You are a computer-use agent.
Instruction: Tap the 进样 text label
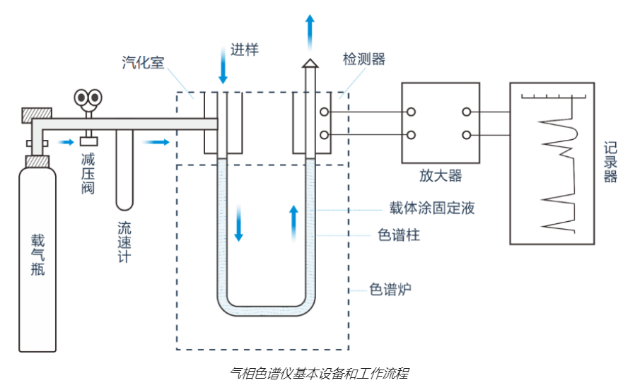245,50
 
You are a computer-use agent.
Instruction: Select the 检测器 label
364,59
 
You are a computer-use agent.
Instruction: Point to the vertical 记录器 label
610,162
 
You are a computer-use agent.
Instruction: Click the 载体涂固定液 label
431,208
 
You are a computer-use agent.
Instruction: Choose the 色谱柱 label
400,235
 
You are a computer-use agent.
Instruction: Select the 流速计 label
124,243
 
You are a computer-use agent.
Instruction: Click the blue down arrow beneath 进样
223,69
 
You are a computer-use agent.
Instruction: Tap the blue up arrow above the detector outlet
310,30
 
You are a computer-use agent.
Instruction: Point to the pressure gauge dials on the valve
88,97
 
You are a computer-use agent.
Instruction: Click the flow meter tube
124,170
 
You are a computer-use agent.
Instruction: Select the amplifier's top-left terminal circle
410,112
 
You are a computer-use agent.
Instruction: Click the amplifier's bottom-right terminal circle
467,135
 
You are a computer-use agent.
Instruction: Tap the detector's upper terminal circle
324,112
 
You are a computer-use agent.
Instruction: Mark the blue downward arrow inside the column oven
238,225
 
